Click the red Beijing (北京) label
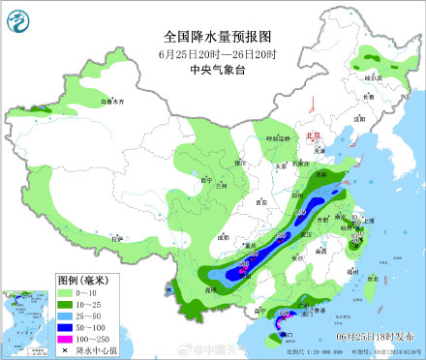312,137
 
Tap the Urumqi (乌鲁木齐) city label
114,100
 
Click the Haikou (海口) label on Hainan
288,333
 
